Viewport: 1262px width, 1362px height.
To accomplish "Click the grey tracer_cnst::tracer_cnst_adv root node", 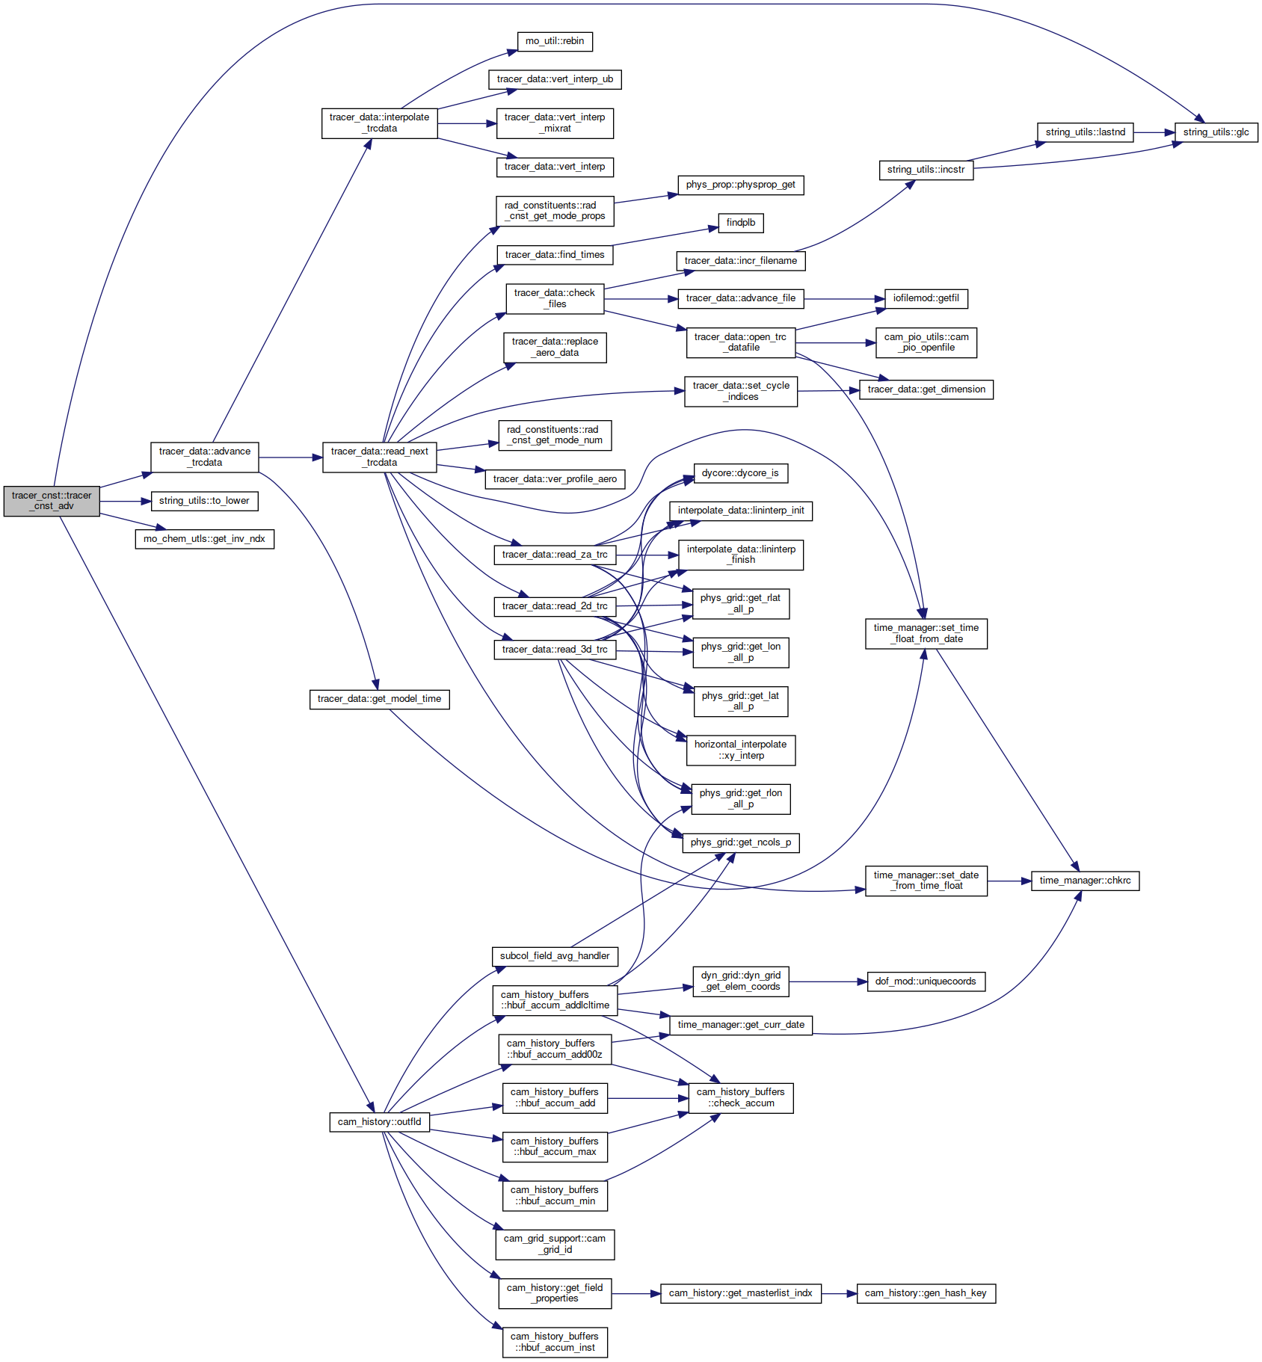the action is pyautogui.click(x=52, y=501).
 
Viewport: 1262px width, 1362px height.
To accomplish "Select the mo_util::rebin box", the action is pyautogui.click(x=555, y=41).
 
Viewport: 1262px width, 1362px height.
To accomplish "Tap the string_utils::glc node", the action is pyautogui.click(x=1216, y=132).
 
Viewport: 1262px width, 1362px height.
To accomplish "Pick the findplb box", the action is pyautogui.click(x=741, y=223).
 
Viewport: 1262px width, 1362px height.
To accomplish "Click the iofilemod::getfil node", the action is pyautogui.click(x=926, y=298).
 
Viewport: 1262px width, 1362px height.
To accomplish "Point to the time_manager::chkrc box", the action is pyautogui.click(x=1086, y=881).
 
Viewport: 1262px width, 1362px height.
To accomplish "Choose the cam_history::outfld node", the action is pyautogui.click(x=380, y=1122).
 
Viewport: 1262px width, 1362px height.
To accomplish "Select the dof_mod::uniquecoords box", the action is pyautogui.click(x=926, y=982).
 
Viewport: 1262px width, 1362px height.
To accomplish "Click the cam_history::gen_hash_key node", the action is pyautogui.click(x=926, y=1293).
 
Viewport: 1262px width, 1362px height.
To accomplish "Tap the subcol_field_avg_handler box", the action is pyautogui.click(x=555, y=956).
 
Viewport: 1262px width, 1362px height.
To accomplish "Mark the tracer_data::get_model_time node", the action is pyautogui.click(x=380, y=699).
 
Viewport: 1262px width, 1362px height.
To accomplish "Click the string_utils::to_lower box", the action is pyautogui.click(x=204, y=501).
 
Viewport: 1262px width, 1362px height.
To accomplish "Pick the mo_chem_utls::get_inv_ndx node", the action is pyautogui.click(x=204, y=539).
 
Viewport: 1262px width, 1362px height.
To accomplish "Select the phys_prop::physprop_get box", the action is pyautogui.click(x=741, y=185).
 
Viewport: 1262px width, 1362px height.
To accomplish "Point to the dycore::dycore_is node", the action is pyautogui.click(x=741, y=473).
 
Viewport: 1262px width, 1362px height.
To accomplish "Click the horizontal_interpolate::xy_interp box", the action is pyautogui.click(x=741, y=751).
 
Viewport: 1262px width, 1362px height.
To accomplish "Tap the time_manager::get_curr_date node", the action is pyautogui.click(x=741, y=1025).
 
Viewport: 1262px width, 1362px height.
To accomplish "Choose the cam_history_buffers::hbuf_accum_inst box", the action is pyautogui.click(x=555, y=1342).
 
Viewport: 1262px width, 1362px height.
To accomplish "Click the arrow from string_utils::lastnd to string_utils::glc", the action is pyautogui.click(x=1154, y=132).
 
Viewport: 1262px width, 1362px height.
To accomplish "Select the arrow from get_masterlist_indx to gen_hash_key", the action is pyautogui.click(x=839, y=1293).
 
